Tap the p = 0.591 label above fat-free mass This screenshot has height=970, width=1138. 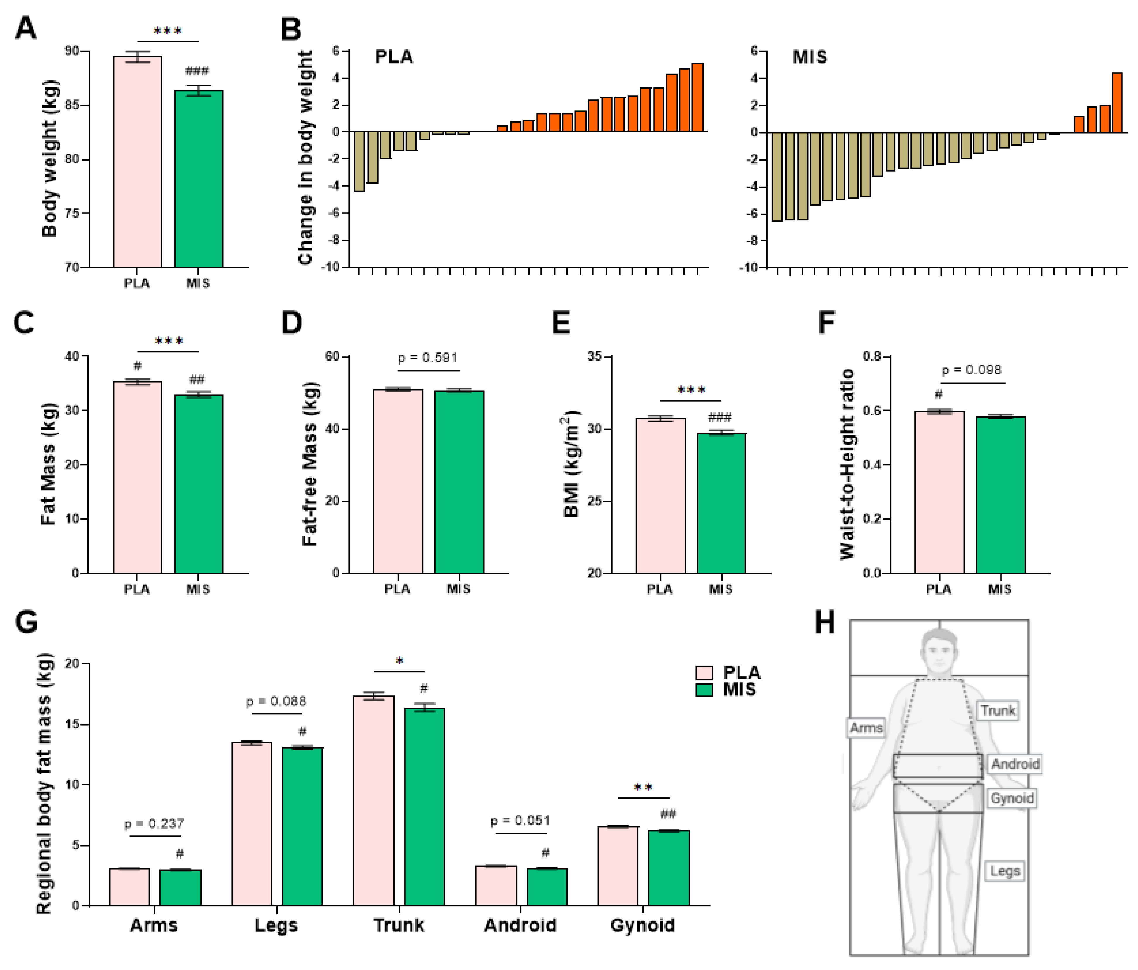click(x=428, y=358)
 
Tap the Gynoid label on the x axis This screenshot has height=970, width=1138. click(x=642, y=925)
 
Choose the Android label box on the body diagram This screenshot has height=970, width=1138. click(x=1015, y=764)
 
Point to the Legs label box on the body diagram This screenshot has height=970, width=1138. click(x=1005, y=871)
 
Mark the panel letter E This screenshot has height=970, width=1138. click(x=561, y=323)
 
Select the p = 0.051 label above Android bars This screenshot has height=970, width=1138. click(x=520, y=821)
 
